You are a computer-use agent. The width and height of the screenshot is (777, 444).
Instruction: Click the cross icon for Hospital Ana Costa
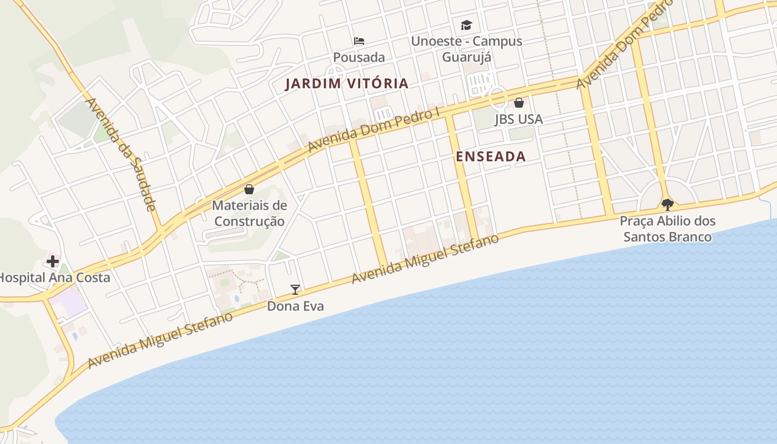pos(53,261)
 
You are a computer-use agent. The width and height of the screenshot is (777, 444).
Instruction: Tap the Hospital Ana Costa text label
pos(54,277)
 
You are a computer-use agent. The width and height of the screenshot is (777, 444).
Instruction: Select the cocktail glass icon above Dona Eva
pos(295,289)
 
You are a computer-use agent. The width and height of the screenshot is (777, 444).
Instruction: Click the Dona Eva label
pos(295,306)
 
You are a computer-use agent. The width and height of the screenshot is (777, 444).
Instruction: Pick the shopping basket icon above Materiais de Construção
pos(249,189)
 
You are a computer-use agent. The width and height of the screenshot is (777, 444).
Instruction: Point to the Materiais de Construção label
pos(250,213)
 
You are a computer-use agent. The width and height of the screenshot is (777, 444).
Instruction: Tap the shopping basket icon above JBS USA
pos(519,103)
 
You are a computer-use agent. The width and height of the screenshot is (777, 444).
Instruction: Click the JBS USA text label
pos(519,119)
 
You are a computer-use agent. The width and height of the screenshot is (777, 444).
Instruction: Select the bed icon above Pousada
pos(359,41)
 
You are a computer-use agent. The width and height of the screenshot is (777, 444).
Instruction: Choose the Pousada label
pos(359,57)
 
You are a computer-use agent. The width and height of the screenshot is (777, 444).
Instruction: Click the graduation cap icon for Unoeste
pos(466,25)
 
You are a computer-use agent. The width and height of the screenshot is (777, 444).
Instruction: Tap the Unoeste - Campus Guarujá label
pos(466,49)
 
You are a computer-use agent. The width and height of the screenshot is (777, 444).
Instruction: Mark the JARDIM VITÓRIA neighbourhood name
pos(347,84)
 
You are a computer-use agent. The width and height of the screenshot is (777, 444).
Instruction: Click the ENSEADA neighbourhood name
pos(491,157)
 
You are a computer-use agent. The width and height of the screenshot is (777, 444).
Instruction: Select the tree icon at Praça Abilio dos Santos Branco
pos(668,204)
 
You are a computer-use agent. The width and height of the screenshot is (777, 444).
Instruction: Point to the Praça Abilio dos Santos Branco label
pos(668,229)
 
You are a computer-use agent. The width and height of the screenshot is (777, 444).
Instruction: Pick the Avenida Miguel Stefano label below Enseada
pos(426,258)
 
